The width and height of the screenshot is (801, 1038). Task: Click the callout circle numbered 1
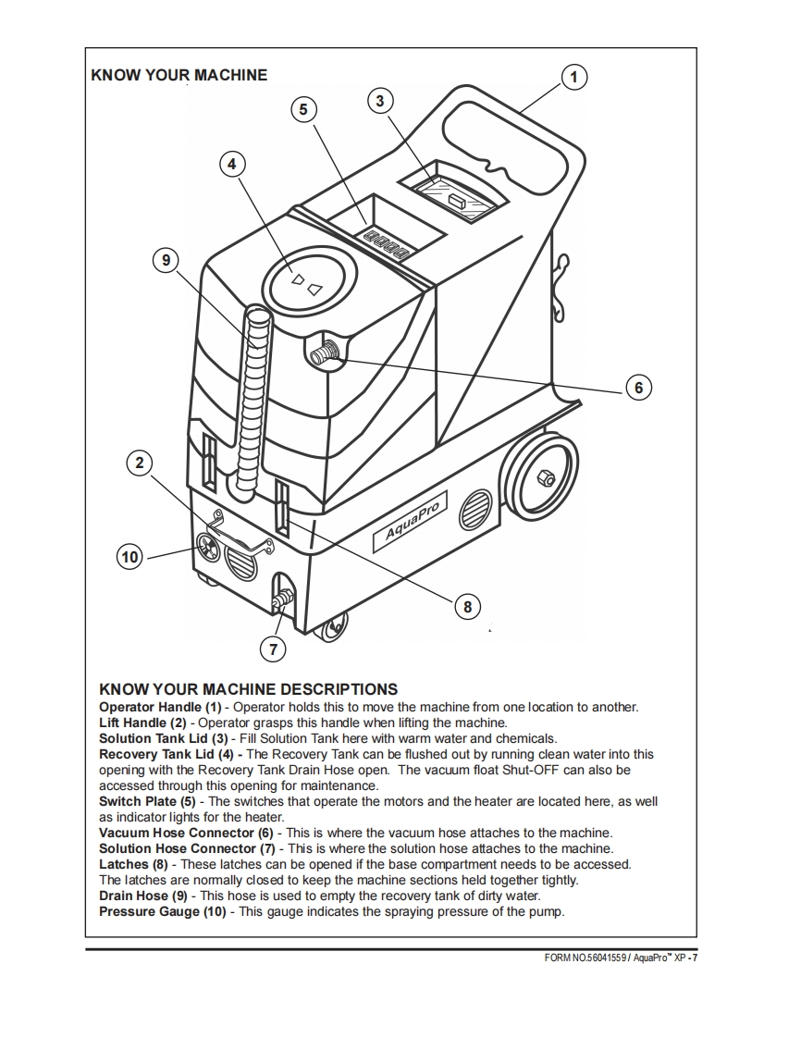(573, 77)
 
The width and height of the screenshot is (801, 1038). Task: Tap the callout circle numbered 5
(302, 109)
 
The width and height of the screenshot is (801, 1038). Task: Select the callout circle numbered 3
(380, 100)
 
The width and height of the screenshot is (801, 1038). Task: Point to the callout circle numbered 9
(166, 261)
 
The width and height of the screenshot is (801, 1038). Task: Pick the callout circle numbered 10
(129, 556)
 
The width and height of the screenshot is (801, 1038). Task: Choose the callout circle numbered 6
(638, 387)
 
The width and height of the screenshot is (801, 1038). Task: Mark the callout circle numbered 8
(467, 607)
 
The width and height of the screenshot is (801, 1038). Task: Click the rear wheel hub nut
(545, 476)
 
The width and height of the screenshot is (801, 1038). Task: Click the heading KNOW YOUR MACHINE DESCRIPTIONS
(248, 689)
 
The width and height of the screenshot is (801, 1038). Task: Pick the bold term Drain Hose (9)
(142, 896)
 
